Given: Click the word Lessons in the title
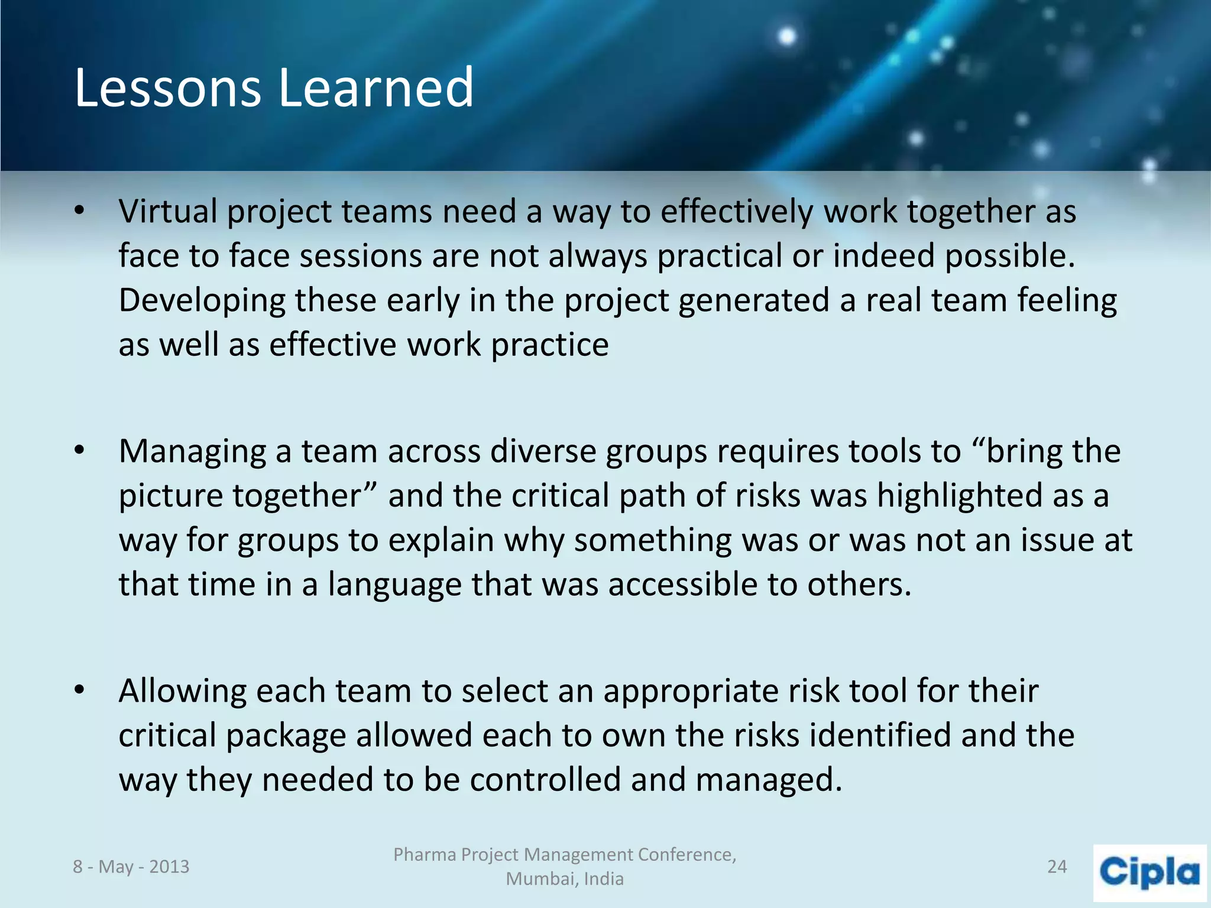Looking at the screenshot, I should pyautogui.click(x=167, y=89).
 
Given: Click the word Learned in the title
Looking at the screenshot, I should pyautogui.click(x=376, y=89).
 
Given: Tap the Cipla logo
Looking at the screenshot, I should pyautogui.click(x=1150, y=873).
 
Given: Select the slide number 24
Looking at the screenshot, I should pyautogui.click(x=1057, y=867).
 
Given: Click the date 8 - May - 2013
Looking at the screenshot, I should pyautogui.click(x=131, y=867).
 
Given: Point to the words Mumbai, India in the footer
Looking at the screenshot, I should pyautogui.click(x=565, y=879).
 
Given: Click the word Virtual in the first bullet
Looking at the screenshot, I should pyautogui.click(x=168, y=212).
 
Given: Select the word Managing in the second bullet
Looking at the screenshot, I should pyautogui.click(x=193, y=452).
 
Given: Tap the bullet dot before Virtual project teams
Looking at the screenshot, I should pyautogui.click(x=80, y=212).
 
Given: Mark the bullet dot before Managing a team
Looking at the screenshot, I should pyautogui.click(x=80, y=451).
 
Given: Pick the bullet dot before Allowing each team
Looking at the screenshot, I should pyautogui.click(x=80, y=690).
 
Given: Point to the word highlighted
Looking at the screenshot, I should pyautogui.click(x=960, y=495).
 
